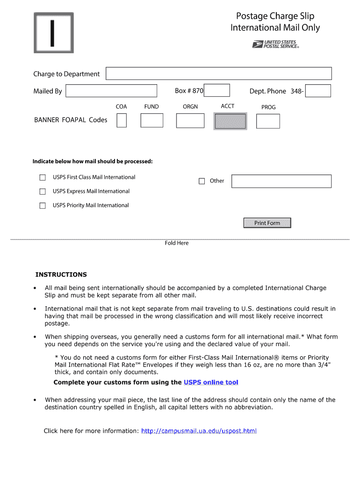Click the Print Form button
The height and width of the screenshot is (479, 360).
(267, 223)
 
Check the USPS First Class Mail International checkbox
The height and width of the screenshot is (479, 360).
(43, 177)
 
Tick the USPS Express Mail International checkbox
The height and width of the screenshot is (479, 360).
(43, 191)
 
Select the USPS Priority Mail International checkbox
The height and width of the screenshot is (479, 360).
(43, 205)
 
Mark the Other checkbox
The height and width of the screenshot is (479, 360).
(202, 181)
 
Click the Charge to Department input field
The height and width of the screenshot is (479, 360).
(219, 73)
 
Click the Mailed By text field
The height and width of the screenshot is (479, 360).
(111, 91)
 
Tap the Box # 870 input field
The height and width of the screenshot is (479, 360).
(217, 90)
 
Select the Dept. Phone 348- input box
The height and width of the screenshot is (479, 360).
(318, 91)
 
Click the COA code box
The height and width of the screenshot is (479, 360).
(122, 120)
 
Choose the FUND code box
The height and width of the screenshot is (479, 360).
(152, 120)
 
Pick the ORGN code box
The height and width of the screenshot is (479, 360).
(190, 120)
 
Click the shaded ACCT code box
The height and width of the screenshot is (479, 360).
(230, 121)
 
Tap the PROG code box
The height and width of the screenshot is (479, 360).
(268, 121)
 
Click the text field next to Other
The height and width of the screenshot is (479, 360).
(281, 181)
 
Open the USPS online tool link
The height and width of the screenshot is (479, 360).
(211, 382)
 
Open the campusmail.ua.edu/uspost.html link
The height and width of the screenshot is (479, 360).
(199, 431)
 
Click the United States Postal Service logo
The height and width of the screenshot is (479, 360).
(275, 44)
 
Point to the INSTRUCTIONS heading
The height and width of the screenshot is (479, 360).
(61, 275)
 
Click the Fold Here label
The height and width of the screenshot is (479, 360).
(177, 243)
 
